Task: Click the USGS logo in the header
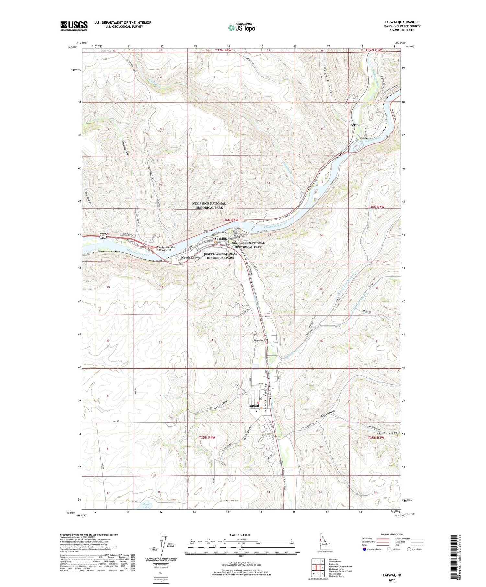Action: (74, 26)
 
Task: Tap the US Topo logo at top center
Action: (241, 28)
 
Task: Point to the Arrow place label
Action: (355, 125)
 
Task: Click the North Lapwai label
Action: (191, 258)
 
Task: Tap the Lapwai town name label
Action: (254, 406)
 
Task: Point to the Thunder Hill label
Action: (260, 341)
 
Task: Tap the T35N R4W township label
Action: (207, 437)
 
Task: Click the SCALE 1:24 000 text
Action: (241, 535)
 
